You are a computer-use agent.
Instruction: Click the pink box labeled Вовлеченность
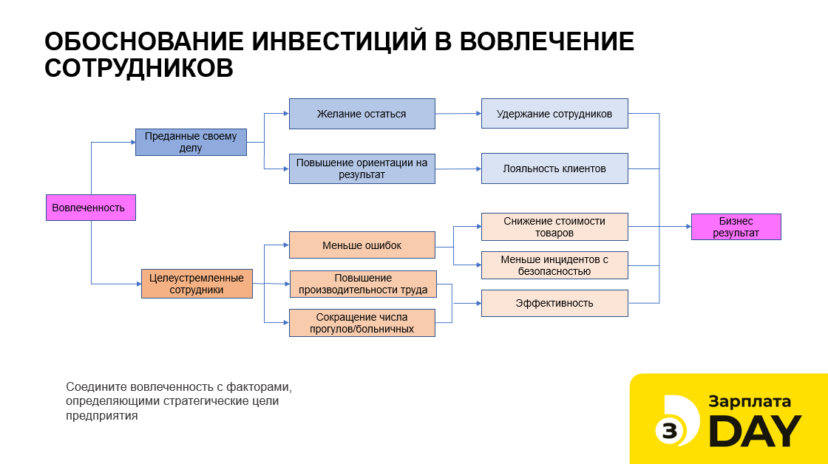click(x=91, y=208)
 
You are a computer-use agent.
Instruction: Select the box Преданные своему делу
click(x=191, y=142)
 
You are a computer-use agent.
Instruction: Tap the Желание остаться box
click(x=362, y=114)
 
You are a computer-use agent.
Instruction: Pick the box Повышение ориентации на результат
click(x=362, y=168)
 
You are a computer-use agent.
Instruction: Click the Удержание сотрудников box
click(x=554, y=114)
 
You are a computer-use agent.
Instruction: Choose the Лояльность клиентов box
click(x=554, y=168)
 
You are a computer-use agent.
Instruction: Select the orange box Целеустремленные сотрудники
click(x=197, y=284)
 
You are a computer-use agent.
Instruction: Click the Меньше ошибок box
click(x=362, y=245)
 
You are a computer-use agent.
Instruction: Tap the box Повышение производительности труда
click(x=363, y=284)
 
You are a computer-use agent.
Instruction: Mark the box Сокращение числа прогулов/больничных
click(x=362, y=323)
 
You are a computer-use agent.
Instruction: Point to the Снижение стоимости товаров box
click(x=554, y=226)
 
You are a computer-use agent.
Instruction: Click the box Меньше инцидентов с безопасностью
click(x=554, y=265)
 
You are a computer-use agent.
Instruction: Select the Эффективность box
click(x=554, y=303)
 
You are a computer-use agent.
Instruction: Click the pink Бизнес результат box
click(x=736, y=226)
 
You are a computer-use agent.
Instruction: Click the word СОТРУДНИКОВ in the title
click(x=139, y=67)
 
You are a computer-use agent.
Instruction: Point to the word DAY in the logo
click(x=756, y=431)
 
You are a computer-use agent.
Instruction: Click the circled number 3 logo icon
click(x=670, y=431)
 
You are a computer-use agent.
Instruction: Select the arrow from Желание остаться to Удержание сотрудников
click(x=458, y=114)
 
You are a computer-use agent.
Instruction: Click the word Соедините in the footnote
click(x=97, y=387)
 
